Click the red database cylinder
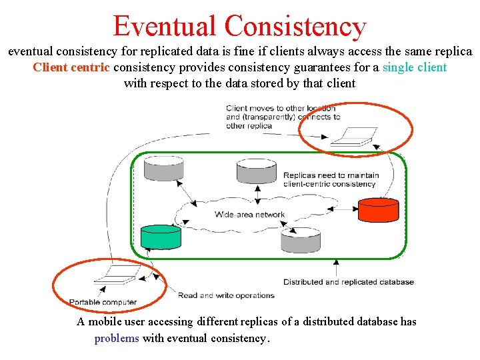click(x=378, y=209)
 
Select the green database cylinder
click(x=161, y=237)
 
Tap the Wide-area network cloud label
click(x=249, y=215)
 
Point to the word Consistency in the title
click(x=295, y=26)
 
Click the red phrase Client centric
click(x=71, y=67)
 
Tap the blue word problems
click(x=117, y=338)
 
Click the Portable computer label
click(x=103, y=302)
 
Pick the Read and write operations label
click(x=226, y=295)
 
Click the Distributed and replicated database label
click(x=348, y=282)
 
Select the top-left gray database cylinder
click(x=163, y=168)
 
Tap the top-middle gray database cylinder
click(x=256, y=171)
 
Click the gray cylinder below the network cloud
click(x=300, y=240)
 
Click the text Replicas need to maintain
click(x=331, y=175)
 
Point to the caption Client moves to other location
click(x=280, y=108)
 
